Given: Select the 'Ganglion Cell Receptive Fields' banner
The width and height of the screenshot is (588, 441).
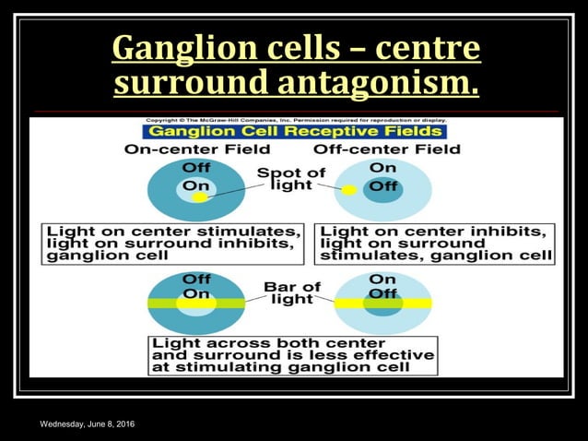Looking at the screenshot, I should pyautogui.click(x=293, y=131).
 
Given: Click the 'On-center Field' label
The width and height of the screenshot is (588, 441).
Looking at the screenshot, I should pyautogui.click(x=196, y=149).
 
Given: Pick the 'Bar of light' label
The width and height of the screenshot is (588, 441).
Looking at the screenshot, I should pyautogui.click(x=292, y=292).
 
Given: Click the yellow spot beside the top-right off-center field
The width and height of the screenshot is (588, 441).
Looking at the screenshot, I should pyautogui.click(x=349, y=190).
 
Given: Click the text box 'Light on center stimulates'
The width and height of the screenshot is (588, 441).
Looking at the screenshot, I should pyautogui.click(x=173, y=243).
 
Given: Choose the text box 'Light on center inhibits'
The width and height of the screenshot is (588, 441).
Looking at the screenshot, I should pyautogui.click(x=434, y=243).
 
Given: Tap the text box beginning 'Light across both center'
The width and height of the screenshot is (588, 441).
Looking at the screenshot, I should pyautogui.click(x=292, y=354).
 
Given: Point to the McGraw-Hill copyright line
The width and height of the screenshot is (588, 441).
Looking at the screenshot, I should pyautogui.click(x=293, y=121).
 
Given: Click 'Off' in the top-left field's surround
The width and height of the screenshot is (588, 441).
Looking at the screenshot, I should pyautogui.click(x=196, y=168).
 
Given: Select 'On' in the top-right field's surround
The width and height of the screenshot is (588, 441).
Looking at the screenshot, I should pyautogui.click(x=382, y=168).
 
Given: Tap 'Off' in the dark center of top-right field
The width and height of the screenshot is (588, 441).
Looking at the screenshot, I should pyautogui.click(x=382, y=186).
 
